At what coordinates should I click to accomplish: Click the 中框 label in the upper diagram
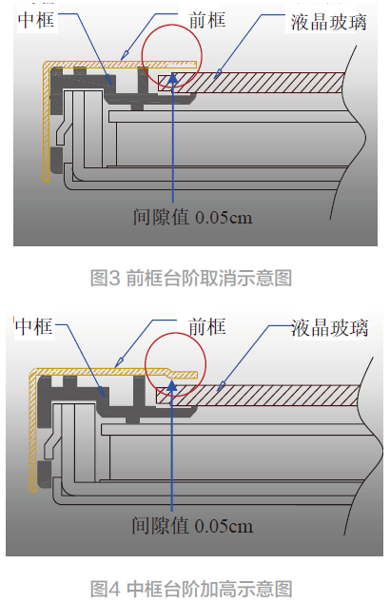click(x=36, y=19)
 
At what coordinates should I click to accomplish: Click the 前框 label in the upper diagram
click(x=207, y=20)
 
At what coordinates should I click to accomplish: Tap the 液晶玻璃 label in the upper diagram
click(x=328, y=22)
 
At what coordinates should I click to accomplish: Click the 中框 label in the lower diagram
click(x=34, y=327)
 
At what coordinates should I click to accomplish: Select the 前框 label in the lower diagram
click(x=207, y=327)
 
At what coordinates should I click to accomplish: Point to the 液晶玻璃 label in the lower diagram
click(x=330, y=328)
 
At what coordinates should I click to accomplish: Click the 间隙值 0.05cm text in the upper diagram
click(x=192, y=217)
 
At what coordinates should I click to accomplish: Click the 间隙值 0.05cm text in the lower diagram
click(x=192, y=525)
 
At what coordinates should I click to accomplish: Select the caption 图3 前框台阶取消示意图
click(x=191, y=278)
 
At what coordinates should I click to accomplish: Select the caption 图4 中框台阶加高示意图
click(x=191, y=589)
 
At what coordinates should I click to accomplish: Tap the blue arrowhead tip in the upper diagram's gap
click(x=173, y=72)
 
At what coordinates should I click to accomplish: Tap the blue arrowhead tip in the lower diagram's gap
click(x=172, y=379)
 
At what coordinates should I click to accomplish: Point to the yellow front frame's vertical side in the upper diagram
click(x=47, y=123)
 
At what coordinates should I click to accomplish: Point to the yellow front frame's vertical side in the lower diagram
click(x=33, y=431)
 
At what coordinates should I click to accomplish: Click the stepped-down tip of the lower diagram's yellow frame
click(x=184, y=375)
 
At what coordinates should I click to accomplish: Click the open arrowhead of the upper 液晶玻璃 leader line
click(x=218, y=73)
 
